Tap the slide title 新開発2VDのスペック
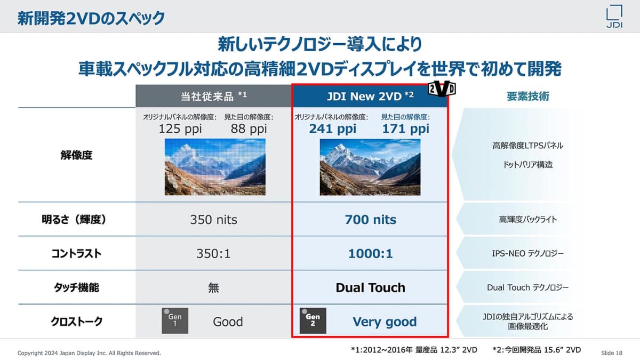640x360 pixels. click(91, 18)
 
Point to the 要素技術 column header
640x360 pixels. click(527, 96)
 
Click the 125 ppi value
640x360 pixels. click(179, 129)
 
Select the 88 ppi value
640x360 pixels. click(249, 129)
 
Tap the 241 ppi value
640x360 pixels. click(333, 129)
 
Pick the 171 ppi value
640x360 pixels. click(405, 129)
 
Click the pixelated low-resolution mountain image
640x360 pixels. click(215, 167)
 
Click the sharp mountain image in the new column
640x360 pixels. click(370, 167)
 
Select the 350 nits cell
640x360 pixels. click(213, 220)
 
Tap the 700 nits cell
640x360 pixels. click(370, 220)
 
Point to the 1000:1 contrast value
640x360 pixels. click(370, 254)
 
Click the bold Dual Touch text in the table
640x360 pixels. click(370, 288)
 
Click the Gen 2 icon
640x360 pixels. click(313, 321)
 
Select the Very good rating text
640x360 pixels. click(385, 322)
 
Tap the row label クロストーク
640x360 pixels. click(77, 322)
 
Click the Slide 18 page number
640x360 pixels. click(611, 353)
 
